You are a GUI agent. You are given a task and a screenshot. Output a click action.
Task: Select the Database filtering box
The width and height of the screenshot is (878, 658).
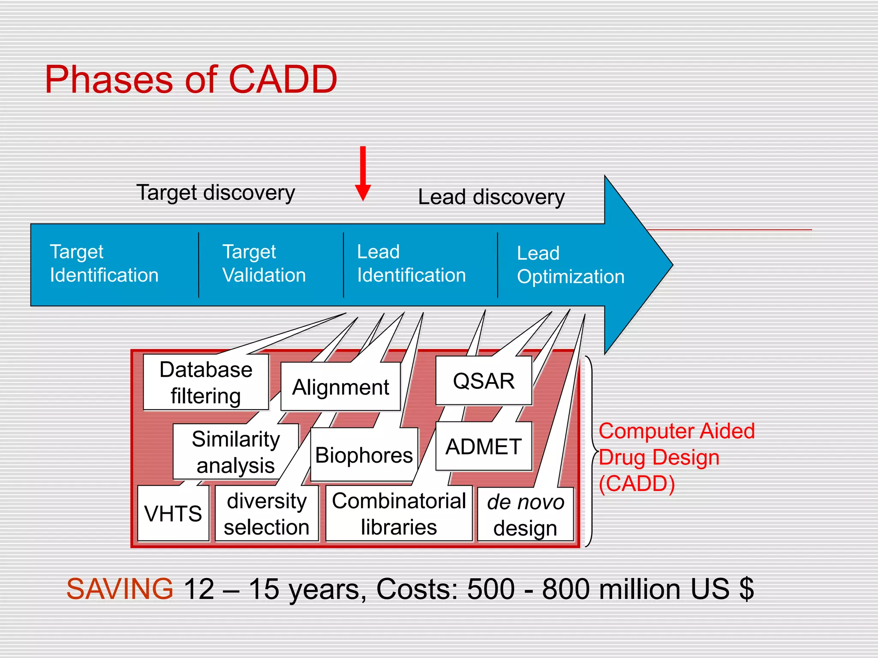click(x=206, y=382)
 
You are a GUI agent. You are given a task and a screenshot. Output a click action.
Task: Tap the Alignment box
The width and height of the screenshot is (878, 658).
click(x=340, y=387)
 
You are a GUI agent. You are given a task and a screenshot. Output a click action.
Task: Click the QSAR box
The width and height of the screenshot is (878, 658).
click(x=484, y=381)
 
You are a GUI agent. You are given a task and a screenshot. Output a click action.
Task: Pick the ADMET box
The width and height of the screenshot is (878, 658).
click(x=484, y=446)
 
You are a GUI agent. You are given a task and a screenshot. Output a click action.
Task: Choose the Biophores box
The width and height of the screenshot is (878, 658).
click(x=364, y=455)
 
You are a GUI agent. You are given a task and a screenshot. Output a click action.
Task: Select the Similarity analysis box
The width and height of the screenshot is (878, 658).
click(x=235, y=452)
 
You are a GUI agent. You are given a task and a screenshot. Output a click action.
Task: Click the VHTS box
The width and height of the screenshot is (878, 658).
click(x=173, y=513)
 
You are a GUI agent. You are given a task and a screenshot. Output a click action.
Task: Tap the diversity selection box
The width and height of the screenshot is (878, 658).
click(x=267, y=514)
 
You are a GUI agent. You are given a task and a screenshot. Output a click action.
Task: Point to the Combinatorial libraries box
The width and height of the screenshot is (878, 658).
click(x=399, y=514)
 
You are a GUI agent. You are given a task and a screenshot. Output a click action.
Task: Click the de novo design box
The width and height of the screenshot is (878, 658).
click(x=525, y=514)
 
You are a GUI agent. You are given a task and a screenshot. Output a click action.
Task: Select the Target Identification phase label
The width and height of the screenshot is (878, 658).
click(x=104, y=263)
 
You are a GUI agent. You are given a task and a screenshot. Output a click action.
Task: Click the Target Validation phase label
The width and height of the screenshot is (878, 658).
click(x=264, y=263)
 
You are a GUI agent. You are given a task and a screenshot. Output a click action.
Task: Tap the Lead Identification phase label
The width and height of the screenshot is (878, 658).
click(x=411, y=263)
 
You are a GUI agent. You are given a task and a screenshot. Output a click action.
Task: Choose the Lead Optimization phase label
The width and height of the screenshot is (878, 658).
click(x=570, y=265)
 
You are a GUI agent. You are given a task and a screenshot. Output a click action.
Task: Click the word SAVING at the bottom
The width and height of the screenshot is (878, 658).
click(x=120, y=589)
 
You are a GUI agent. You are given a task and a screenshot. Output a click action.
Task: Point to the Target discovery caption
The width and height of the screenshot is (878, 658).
click(x=216, y=193)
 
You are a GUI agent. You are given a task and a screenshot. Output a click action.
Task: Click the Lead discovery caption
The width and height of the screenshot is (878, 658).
click(x=491, y=197)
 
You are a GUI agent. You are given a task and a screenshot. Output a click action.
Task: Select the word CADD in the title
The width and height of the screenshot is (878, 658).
click(x=283, y=80)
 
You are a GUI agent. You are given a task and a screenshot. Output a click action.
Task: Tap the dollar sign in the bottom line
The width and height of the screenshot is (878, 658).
click(x=746, y=589)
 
